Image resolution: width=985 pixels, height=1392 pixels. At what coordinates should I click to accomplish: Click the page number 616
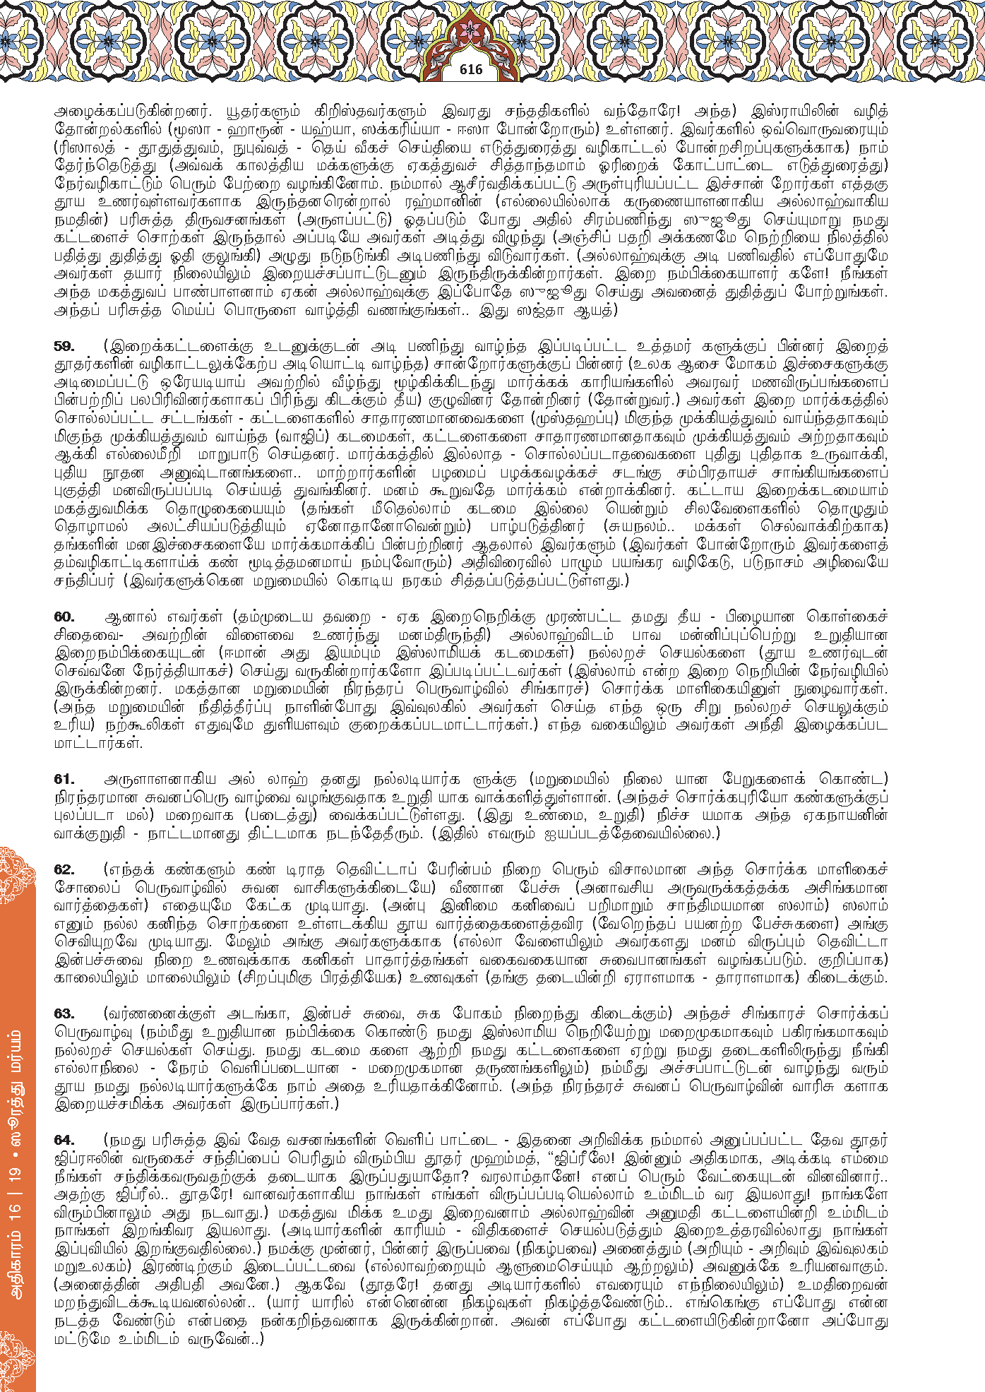tap(470, 69)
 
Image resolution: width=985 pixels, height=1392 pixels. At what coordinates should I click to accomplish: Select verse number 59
tap(64, 347)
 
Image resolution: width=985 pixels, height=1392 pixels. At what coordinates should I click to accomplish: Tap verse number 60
tap(64, 617)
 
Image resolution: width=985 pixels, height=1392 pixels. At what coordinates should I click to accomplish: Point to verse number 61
tap(64, 779)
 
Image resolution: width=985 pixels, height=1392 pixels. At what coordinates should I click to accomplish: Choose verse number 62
tap(64, 869)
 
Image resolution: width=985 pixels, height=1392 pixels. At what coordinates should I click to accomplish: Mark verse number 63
tap(64, 1014)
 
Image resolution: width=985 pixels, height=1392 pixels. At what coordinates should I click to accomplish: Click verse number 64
tap(64, 1141)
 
